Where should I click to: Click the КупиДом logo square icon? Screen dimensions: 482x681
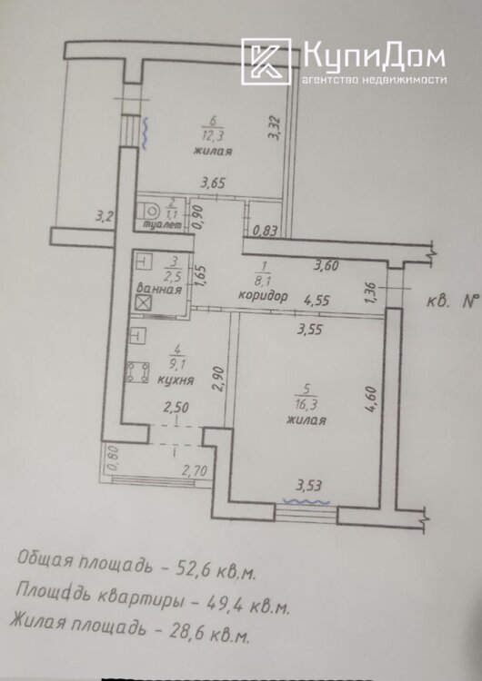coord(266,61)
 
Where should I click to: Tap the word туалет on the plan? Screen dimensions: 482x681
coord(162,225)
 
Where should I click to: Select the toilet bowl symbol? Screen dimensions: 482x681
coord(149,212)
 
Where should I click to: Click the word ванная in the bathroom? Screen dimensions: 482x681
coord(159,289)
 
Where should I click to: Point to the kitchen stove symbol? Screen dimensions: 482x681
coord(137,372)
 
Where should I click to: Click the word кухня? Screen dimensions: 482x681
coord(176,380)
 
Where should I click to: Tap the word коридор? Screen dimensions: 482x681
coord(263,296)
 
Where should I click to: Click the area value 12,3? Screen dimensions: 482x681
coord(213,136)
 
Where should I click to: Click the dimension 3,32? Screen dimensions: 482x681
coord(274,127)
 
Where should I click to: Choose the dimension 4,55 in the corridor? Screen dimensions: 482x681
coord(316,301)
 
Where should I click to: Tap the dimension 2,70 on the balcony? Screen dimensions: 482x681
coord(195,470)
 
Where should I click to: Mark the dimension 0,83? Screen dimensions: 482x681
coord(265,231)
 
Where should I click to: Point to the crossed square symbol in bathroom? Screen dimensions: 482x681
coord(143,302)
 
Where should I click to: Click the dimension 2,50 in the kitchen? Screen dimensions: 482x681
coord(176,408)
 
